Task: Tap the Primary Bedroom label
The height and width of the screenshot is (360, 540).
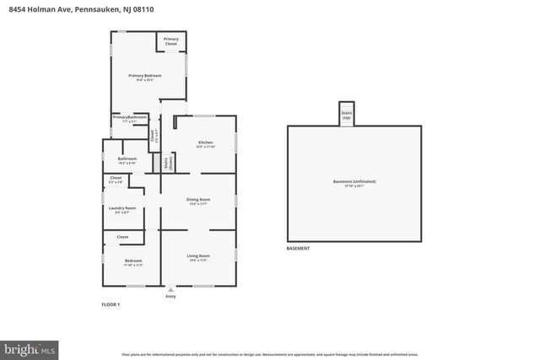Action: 145,77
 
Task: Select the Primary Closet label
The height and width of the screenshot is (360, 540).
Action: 171,40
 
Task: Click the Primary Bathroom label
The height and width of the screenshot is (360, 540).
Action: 130,119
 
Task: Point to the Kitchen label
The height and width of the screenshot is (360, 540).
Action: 205,143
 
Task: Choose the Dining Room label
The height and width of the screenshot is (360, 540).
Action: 198,201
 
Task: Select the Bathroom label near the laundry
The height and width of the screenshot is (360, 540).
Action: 127,159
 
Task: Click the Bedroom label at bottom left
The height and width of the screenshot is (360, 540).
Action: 133,261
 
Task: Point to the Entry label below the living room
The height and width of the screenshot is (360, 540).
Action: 171,297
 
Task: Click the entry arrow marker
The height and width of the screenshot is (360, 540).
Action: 171,288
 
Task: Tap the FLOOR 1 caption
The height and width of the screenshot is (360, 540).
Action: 111,304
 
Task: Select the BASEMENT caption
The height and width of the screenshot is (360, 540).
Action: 298,249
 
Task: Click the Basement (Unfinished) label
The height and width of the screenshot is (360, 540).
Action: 354,182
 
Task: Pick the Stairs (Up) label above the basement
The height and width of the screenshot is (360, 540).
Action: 346,115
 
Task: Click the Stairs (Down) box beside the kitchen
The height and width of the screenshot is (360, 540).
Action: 167,164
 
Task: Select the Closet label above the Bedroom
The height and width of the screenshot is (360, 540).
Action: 122,238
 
